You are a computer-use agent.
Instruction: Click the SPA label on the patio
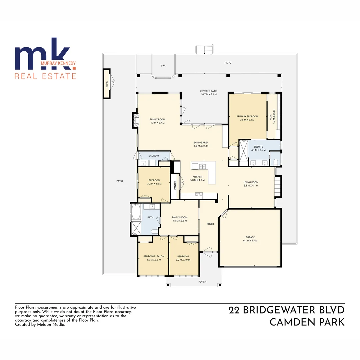[163, 66]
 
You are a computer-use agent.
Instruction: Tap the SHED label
[107, 84]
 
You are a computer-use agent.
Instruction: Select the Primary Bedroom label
[247, 116]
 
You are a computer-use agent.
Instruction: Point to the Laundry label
[154, 156]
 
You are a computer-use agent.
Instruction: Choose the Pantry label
[175, 185]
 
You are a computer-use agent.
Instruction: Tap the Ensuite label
[258, 147]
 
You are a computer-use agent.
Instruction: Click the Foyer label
[210, 224]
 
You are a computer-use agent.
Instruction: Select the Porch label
[202, 282]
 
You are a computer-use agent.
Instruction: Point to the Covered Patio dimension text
[209, 94]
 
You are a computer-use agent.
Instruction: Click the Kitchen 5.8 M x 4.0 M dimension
[197, 180]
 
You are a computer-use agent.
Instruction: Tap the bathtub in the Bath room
[136, 212]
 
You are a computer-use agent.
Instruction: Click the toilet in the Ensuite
[275, 162]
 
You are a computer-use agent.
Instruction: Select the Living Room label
[251, 182]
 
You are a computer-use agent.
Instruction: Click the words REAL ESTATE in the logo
[45, 76]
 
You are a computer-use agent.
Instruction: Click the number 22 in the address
[235, 310]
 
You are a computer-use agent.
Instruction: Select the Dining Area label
[201, 142]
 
